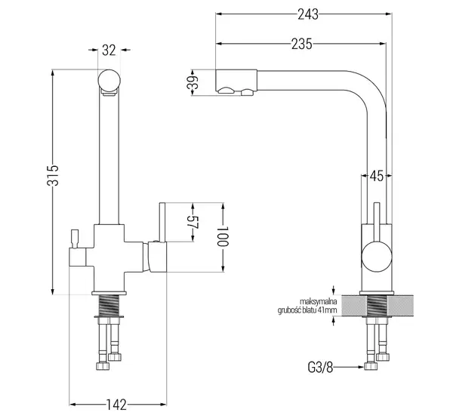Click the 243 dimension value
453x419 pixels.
click(x=308, y=14)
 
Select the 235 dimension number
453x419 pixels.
click(x=301, y=45)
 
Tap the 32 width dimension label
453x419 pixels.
click(x=109, y=51)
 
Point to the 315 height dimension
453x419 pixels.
click(x=53, y=175)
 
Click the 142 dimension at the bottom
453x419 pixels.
click(x=116, y=405)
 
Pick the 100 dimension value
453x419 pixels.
click(x=223, y=236)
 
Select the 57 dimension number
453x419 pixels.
click(x=193, y=222)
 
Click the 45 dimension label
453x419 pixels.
click(x=377, y=176)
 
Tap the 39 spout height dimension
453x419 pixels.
click(x=193, y=82)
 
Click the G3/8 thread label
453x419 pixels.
click(x=320, y=368)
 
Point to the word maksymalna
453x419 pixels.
click(x=319, y=302)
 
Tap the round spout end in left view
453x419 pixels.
click(x=109, y=80)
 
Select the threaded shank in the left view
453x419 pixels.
click(x=109, y=306)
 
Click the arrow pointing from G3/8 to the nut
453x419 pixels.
click(x=349, y=367)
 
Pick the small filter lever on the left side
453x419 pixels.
click(x=75, y=239)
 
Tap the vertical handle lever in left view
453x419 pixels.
click(x=162, y=222)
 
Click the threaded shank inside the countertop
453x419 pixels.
click(x=377, y=306)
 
